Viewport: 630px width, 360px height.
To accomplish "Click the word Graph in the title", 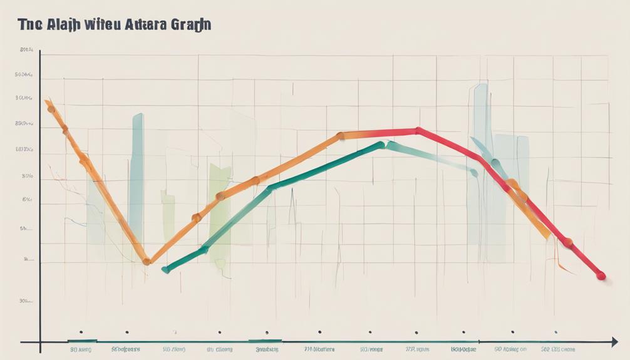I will pyautogui.click(x=187, y=26).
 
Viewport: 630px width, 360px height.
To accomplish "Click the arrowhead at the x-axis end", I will pyautogui.click(x=614, y=342).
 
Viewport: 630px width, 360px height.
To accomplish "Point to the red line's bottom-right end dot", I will pyautogui.click(x=601, y=275).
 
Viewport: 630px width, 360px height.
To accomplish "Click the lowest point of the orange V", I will pyautogui.click(x=146, y=261).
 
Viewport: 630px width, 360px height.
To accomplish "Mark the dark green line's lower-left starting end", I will pyautogui.click(x=165, y=270).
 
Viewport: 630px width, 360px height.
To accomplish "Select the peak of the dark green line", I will pyautogui.click(x=383, y=145).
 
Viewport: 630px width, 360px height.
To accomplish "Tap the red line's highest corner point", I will pyautogui.click(x=418, y=131).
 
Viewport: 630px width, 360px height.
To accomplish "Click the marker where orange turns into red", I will pyautogui.click(x=340, y=135).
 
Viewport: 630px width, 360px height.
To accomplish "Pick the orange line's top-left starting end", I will pyautogui.click(x=48, y=102).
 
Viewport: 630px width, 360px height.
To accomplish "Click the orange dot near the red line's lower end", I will pyautogui.click(x=567, y=242).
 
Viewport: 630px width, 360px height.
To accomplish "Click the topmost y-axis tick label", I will pyautogui.click(x=26, y=49).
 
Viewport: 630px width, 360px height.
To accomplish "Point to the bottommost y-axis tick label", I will pyautogui.click(x=26, y=301).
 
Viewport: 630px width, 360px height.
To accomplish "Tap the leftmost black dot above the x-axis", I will pyautogui.click(x=80, y=332).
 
